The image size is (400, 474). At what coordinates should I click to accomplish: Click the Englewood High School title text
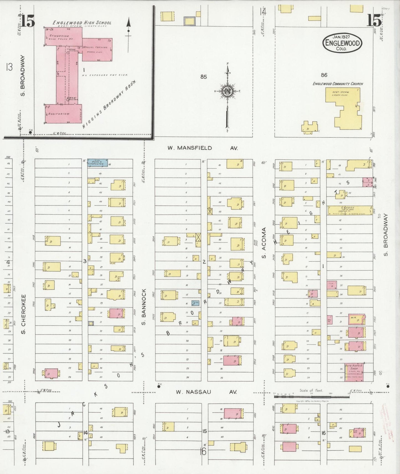coord(82,23)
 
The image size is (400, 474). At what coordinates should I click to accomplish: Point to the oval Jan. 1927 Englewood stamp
coord(342,43)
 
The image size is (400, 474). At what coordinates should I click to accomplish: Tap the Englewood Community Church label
coord(338,84)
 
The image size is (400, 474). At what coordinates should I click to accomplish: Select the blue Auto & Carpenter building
coord(97,163)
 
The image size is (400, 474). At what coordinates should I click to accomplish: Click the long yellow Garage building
coord(350,210)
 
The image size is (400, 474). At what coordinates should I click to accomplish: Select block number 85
coord(203,77)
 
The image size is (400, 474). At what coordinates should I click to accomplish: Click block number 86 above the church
coord(324,75)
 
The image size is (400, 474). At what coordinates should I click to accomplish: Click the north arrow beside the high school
coord(128,35)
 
